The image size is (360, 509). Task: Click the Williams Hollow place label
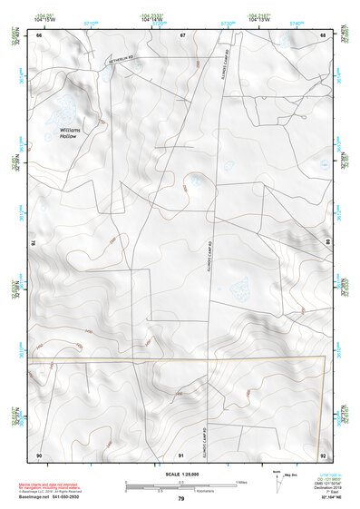pyautogui.click(x=70, y=133)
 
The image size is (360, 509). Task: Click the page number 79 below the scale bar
pyautogui.click(x=180, y=498)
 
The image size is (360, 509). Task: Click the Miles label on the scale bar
pyautogui.click(x=241, y=482)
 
